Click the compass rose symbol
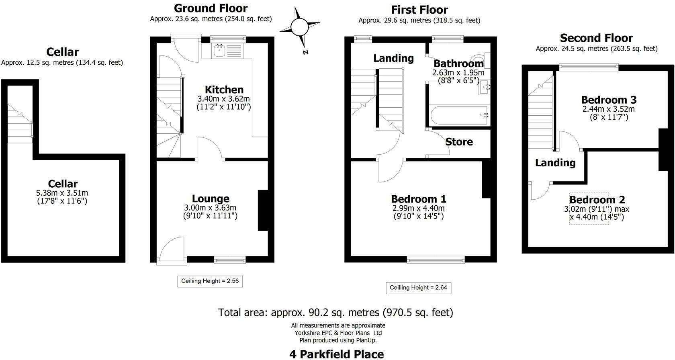299,28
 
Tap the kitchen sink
219,51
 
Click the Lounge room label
211,198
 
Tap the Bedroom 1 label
418,199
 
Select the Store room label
459,142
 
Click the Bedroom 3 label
609,100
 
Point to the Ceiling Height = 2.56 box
210,281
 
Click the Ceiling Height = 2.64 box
418,288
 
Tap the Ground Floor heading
211,8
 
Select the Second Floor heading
596,38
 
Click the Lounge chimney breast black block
263,210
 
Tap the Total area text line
335,312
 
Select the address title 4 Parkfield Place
336,354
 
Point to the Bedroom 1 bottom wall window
436,260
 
